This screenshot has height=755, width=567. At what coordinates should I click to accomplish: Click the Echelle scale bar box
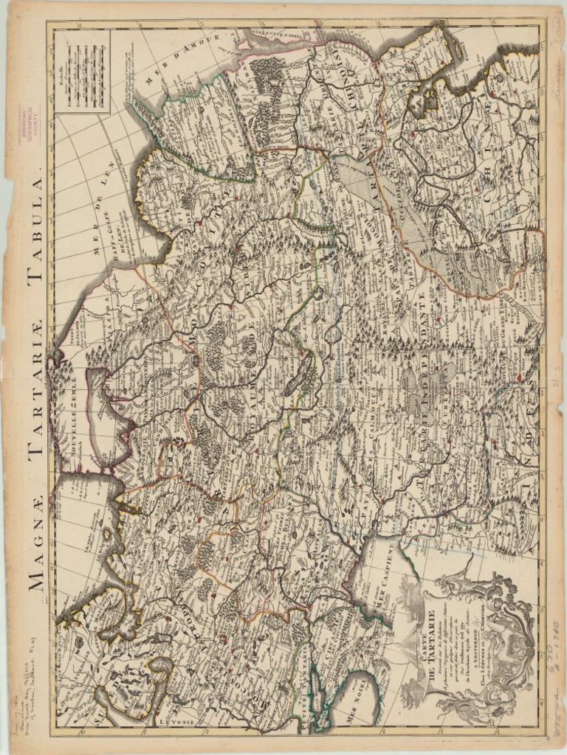(82, 72)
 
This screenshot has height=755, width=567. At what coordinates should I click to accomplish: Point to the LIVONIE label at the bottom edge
(177, 722)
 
